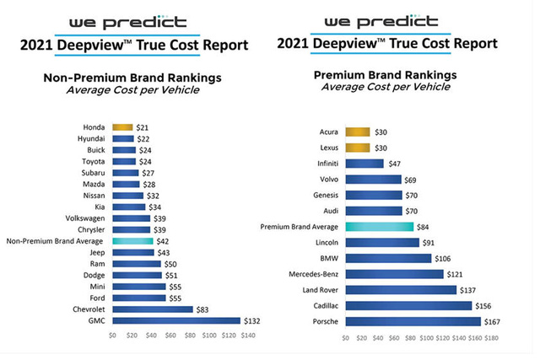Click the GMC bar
click(176, 320)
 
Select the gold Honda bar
click(123, 127)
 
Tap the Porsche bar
click(413, 321)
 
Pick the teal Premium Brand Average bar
click(380, 226)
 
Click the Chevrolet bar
click(153, 309)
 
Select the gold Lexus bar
click(358, 148)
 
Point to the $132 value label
click(251, 320)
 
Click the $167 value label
click(492, 321)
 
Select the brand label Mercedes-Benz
click(312, 274)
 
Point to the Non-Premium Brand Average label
click(55, 240)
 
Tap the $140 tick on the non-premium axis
click(246, 336)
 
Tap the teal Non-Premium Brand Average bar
click(132, 240)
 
